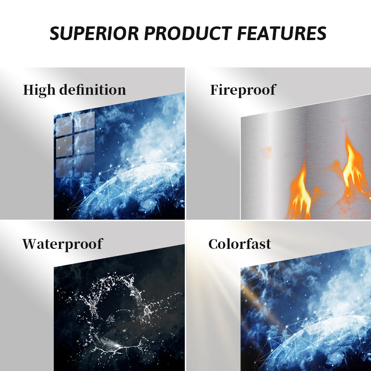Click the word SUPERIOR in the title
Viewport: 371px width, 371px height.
(x=94, y=33)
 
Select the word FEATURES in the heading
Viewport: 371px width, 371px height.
(x=282, y=33)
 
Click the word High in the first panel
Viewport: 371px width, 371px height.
(x=39, y=91)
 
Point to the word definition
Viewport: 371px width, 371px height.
(x=92, y=90)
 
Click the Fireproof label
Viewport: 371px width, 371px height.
(x=243, y=91)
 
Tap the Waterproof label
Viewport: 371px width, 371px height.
(x=63, y=244)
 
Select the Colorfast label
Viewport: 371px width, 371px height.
(x=239, y=244)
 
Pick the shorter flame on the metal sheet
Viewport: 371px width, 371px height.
(x=300, y=192)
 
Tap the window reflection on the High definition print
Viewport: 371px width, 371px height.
(x=75, y=144)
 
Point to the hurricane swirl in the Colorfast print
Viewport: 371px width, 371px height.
(x=337, y=358)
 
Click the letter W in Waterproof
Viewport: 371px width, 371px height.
(x=31, y=244)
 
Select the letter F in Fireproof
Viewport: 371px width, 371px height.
(x=215, y=90)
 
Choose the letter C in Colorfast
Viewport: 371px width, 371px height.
(x=214, y=244)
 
